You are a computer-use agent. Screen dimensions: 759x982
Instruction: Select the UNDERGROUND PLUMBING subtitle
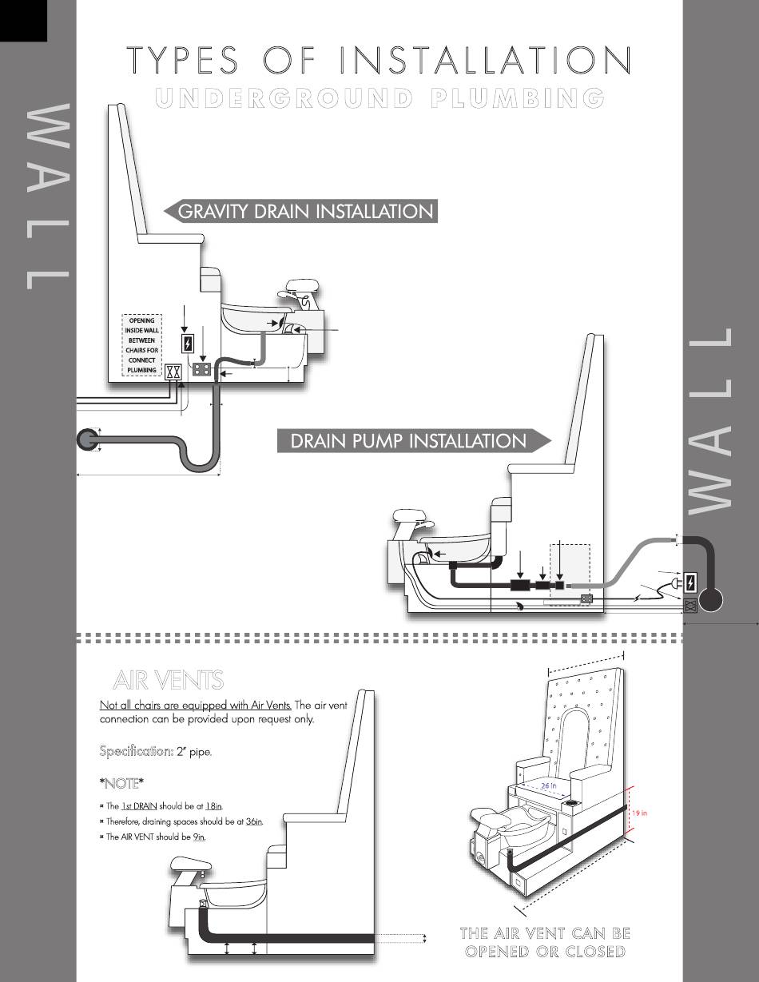379,97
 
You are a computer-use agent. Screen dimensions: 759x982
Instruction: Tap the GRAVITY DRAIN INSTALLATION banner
304,212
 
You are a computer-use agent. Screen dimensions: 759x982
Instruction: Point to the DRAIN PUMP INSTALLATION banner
409,441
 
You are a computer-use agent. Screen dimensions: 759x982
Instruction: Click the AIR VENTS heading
169,680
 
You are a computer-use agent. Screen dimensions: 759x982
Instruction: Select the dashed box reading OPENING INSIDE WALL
142,345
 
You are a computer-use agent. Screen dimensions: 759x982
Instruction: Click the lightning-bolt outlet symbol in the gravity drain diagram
188,344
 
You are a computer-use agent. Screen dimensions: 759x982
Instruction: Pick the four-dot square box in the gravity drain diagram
202,370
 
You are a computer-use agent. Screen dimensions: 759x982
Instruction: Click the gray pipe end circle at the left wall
87,439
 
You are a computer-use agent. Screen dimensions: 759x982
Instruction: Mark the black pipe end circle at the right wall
711,600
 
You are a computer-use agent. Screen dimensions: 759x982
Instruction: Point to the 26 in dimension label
549,786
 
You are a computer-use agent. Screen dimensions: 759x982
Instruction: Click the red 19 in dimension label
638,813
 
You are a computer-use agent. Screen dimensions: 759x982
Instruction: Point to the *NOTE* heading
121,782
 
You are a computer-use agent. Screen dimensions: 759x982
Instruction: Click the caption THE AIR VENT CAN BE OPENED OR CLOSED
546,942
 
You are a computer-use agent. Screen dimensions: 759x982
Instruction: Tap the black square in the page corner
23,20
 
